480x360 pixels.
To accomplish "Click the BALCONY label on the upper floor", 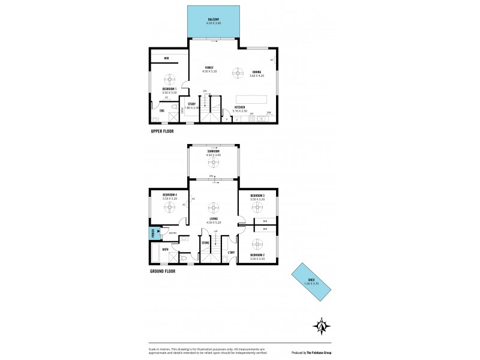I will [x=214, y=20].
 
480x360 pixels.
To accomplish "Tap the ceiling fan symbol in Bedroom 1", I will [x=170, y=79].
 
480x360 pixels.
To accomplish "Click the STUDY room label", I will [x=191, y=104].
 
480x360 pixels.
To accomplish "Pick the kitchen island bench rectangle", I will [x=255, y=98].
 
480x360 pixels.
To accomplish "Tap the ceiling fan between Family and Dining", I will [x=238, y=72].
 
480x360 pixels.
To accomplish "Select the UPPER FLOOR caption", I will [x=162, y=130].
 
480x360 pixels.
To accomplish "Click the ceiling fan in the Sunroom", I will [x=214, y=161].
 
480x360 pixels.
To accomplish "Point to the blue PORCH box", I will [x=154, y=233].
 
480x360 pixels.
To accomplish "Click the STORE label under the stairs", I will [x=205, y=243].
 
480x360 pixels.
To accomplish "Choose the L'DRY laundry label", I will [x=232, y=253].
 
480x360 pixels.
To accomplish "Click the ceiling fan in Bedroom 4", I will [x=170, y=207].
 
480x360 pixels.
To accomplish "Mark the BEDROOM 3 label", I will [x=257, y=196].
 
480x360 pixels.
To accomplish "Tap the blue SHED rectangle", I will [x=311, y=284].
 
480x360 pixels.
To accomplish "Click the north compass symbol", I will [x=322, y=326].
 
